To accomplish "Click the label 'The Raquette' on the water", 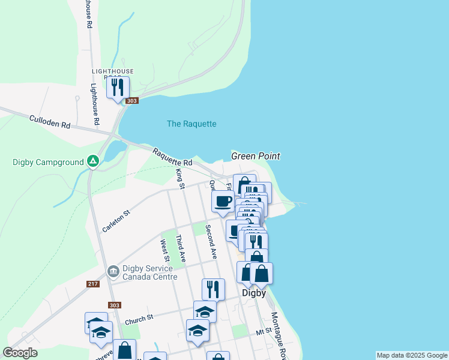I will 191,124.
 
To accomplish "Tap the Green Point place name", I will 256,156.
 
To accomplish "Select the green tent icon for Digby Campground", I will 92,161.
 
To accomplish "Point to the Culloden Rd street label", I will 50,122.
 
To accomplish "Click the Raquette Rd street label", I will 172,158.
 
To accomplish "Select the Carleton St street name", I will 116,221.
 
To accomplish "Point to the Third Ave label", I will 179,248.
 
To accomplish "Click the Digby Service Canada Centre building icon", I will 113,272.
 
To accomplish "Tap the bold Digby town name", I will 253,294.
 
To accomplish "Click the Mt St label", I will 264,331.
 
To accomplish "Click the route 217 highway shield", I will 92,284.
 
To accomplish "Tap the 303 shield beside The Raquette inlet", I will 132,101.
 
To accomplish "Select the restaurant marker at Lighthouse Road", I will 117,88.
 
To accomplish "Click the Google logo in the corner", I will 20,353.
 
